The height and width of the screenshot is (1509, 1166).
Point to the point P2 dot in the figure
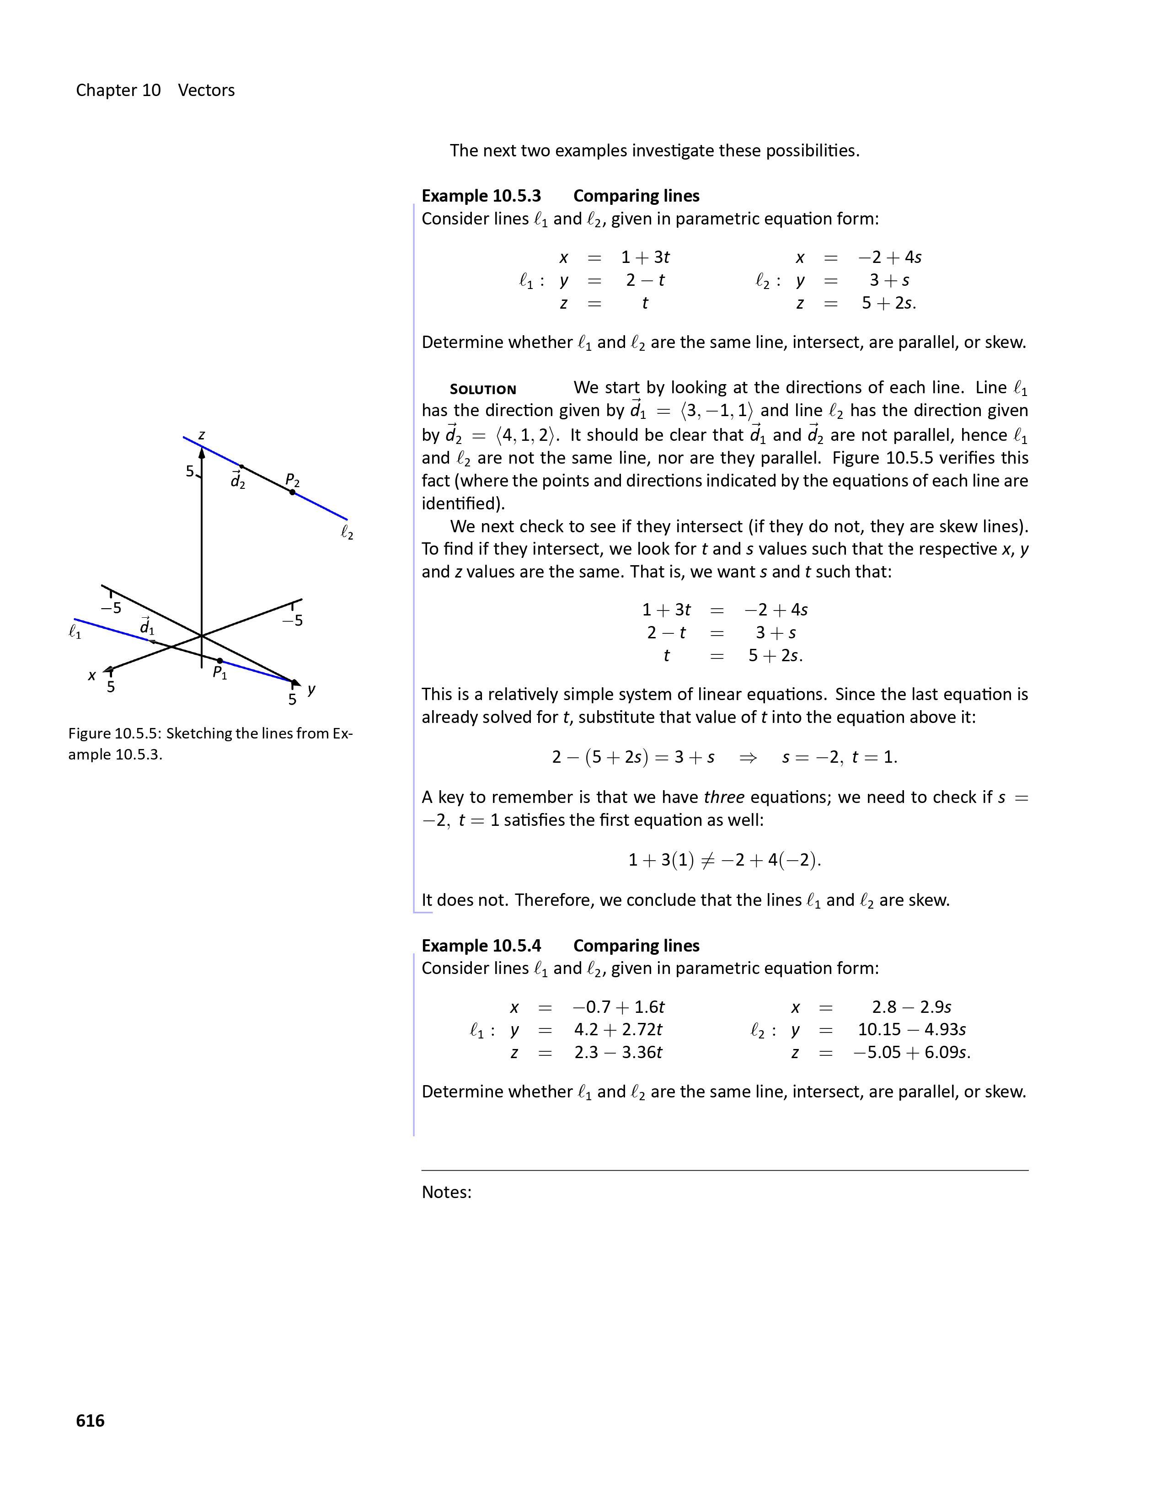point(292,492)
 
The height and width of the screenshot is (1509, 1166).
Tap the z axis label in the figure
point(202,435)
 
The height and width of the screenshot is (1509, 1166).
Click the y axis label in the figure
point(311,689)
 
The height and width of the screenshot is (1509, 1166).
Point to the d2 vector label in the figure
point(238,480)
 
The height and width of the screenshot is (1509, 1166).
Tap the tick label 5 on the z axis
point(189,471)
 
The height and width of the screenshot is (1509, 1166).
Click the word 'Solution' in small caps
point(483,390)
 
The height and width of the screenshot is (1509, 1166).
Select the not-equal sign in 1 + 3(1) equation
point(706,860)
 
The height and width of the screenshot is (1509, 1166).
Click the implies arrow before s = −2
point(748,757)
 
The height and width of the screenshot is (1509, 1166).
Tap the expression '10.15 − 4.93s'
point(911,1029)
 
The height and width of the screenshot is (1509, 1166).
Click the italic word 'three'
point(724,797)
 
